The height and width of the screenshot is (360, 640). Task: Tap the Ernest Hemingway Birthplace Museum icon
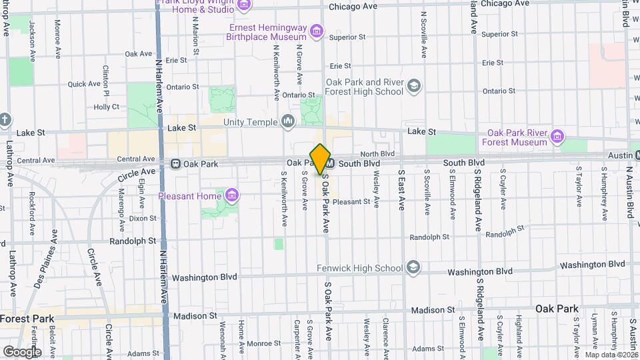pyautogui.click(x=316, y=31)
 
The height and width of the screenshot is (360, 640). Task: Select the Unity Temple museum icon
pyautogui.click(x=288, y=121)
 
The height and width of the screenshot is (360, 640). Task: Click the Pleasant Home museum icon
pyautogui.click(x=231, y=195)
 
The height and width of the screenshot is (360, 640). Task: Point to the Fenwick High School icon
pyautogui.click(x=413, y=268)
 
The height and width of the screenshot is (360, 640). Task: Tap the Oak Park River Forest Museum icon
pyautogui.click(x=557, y=137)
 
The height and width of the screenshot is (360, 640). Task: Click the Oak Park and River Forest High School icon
pyautogui.click(x=414, y=86)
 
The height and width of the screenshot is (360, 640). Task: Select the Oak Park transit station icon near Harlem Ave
pyautogui.click(x=176, y=163)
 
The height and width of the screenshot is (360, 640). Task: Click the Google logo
pyautogui.click(x=22, y=351)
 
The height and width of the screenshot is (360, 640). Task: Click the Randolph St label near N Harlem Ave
pyautogui.click(x=133, y=241)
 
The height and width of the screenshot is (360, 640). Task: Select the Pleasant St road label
pyautogui.click(x=351, y=201)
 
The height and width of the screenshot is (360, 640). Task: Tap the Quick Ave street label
pyautogui.click(x=83, y=85)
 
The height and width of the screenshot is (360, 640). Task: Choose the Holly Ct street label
pyautogui.click(x=106, y=107)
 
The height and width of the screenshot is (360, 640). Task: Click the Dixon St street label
pyautogui.click(x=142, y=218)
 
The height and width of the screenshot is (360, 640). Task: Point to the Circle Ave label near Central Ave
pyautogui.click(x=137, y=174)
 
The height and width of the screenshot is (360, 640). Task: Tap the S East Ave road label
pyautogui.click(x=401, y=191)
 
